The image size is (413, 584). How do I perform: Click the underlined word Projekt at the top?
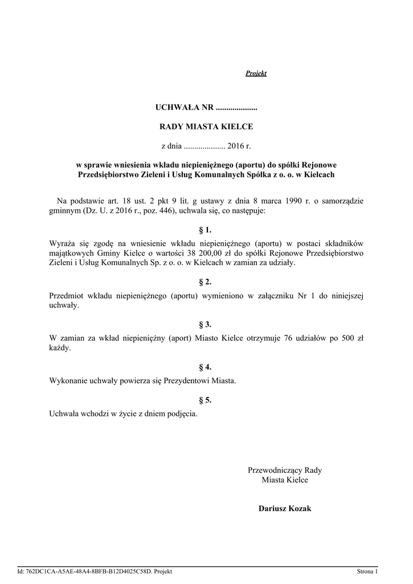[256, 73]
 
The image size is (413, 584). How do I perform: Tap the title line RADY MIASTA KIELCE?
[206, 127]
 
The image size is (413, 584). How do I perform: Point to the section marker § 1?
[205, 230]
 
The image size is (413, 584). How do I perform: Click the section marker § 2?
[205, 282]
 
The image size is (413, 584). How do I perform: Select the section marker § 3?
[205, 325]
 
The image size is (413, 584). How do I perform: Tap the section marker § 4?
[205, 367]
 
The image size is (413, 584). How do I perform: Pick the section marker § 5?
[205, 400]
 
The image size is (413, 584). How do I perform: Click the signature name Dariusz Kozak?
[285, 508]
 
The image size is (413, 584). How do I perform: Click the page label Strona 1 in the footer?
[367, 571]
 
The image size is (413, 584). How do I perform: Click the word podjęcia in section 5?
[182, 414]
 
